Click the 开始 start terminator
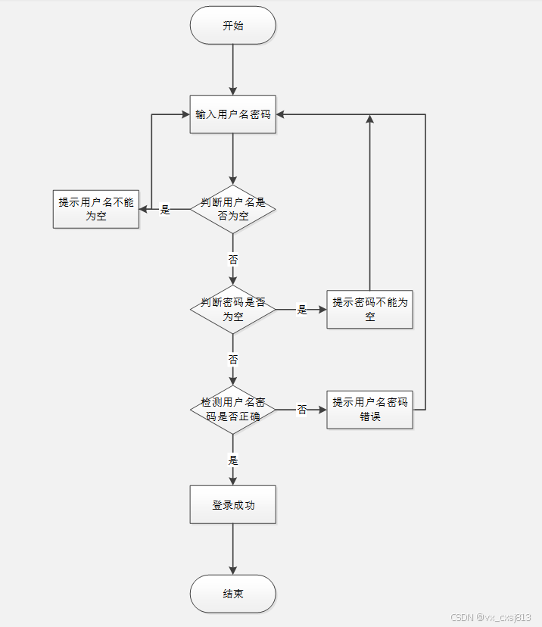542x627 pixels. pos(233,26)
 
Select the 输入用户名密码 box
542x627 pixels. pos(233,115)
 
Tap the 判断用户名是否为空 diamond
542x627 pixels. pos(233,209)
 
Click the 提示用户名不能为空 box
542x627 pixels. pos(96,209)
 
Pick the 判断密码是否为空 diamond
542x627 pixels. pos(233,309)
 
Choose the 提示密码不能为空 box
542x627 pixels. pos(370,309)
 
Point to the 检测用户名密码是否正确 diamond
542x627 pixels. pos(233,409)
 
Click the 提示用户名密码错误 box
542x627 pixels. pos(370,409)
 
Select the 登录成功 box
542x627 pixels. pos(233,504)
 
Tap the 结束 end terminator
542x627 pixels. pos(233,594)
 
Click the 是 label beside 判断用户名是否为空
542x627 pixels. pos(165,210)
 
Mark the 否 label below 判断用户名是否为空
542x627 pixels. pos(233,259)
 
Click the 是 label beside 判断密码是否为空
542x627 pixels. pos(301,310)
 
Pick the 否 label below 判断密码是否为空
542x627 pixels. pos(233,359)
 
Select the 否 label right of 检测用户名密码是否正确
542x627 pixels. pos(301,410)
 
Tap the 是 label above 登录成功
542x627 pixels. pos(233,460)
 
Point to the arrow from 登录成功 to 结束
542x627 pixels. pos(233,549)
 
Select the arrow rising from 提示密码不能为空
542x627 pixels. pos(370,204)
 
